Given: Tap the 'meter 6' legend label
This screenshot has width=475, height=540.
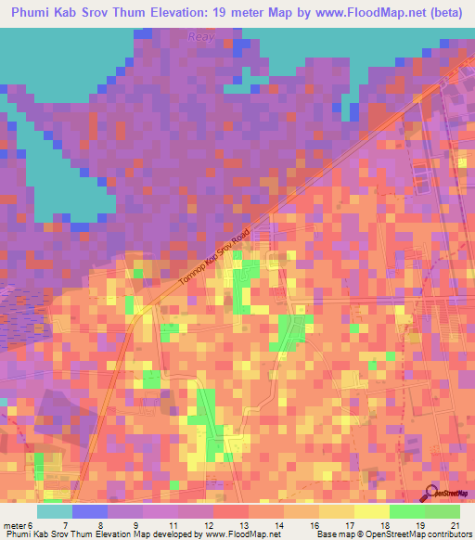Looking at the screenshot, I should pos(19,525).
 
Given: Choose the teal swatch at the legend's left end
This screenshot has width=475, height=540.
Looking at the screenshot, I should pos(55,511).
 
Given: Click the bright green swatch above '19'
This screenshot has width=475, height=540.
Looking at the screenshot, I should pos(408,511).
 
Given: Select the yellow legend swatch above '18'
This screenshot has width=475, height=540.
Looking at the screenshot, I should pos(373,511).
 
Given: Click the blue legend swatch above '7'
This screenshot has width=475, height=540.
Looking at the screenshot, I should pos(90,511).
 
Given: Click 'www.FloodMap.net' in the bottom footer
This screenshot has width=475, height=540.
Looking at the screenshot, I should pos(242,535).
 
